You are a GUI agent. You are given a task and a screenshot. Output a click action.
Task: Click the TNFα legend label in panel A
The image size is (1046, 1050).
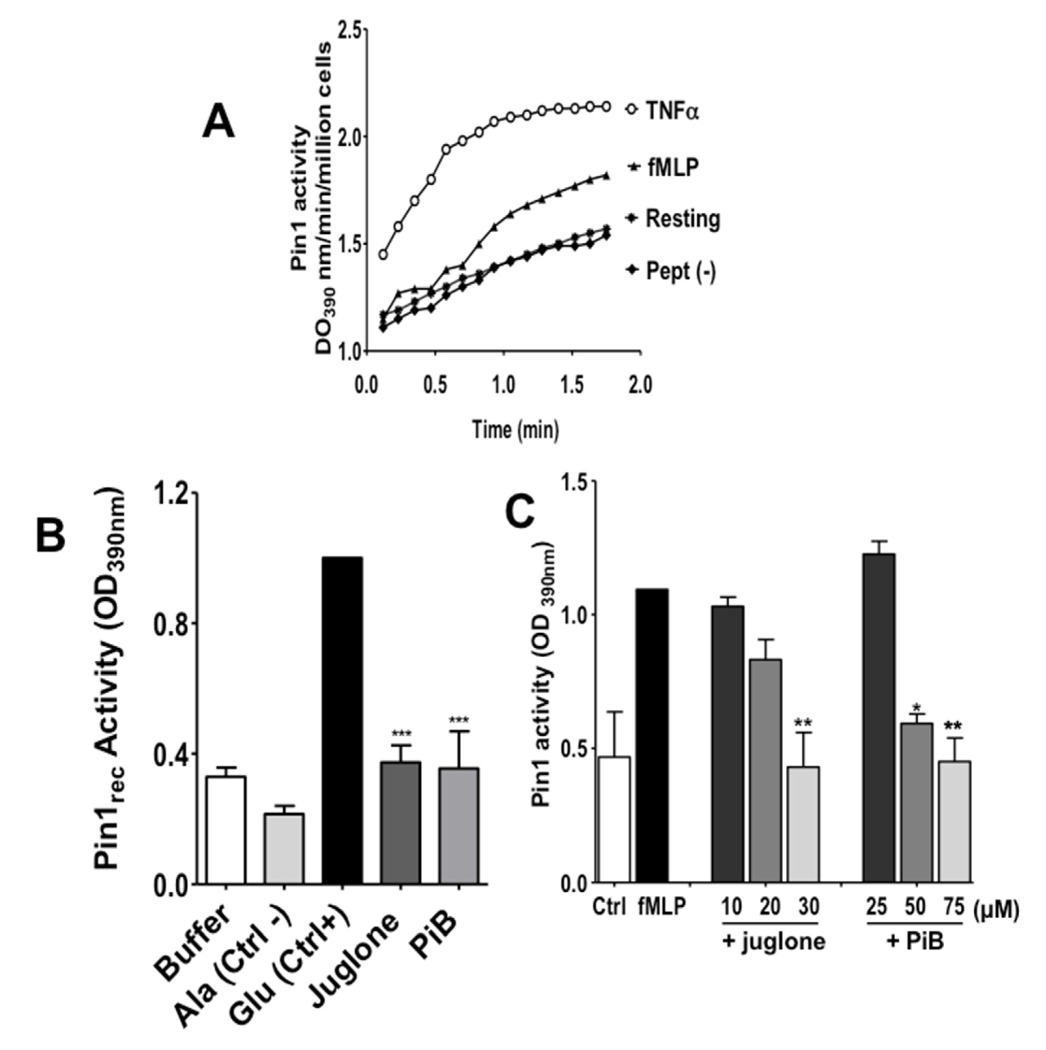click(672, 111)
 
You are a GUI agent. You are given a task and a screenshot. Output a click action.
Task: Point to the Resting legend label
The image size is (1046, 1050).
click(682, 219)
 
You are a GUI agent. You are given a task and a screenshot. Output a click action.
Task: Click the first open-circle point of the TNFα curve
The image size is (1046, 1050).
click(383, 254)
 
